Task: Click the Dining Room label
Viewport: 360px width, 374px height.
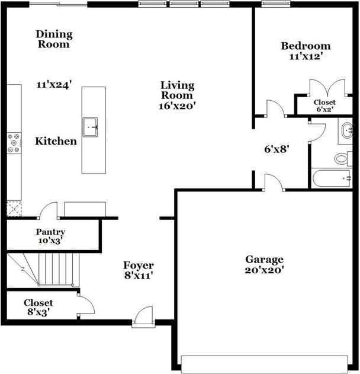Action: (x=54, y=39)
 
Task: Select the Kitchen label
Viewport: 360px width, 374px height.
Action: (x=56, y=141)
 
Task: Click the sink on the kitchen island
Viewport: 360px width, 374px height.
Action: (x=90, y=126)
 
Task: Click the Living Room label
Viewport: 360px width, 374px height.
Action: (x=177, y=90)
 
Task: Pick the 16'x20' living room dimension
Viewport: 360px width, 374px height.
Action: (x=177, y=106)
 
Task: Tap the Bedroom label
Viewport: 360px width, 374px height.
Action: (x=306, y=46)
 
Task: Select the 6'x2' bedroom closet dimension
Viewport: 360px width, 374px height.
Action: (x=324, y=110)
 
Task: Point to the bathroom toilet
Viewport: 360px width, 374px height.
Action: (x=342, y=158)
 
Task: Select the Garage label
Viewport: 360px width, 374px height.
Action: (x=265, y=260)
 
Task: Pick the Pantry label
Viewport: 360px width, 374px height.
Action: (x=50, y=232)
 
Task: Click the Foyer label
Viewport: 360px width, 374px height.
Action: (x=139, y=265)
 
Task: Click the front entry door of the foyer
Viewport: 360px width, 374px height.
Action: (x=143, y=317)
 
